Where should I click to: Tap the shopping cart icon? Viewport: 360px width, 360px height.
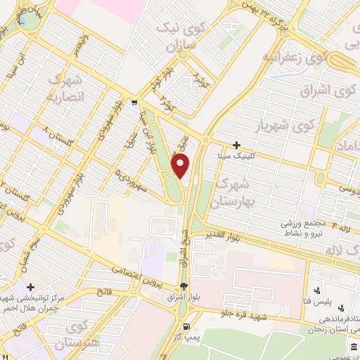tap(134, 103)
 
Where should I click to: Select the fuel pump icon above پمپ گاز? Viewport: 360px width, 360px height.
tap(186, 326)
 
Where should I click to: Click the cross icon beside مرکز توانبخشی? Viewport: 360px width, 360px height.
tap(30, 287)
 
